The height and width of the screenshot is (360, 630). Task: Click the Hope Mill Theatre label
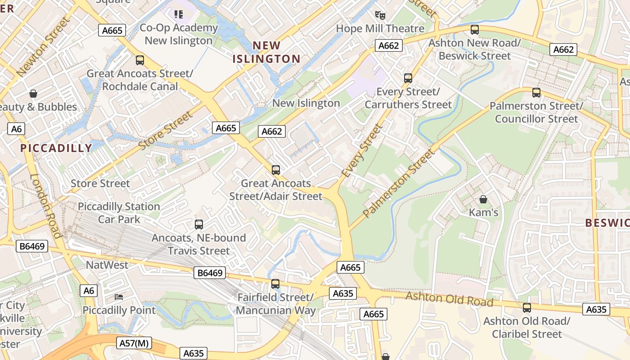pyautogui.click(x=380, y=28)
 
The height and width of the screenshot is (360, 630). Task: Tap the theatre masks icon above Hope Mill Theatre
pyautogui.click(x=380, y=15)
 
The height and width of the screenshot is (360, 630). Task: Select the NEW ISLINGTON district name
pyautogui.click(x=266, y=52)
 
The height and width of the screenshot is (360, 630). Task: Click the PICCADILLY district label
pyautogui.click(x=56, y=148)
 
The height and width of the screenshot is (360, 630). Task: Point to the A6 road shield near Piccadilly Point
pyautogui.click(x=89, y=291)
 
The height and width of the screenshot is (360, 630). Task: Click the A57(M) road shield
pyautogui.click(x=135, y=343)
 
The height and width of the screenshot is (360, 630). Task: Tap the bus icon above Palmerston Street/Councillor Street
pyautogui.click(x=536, y=93)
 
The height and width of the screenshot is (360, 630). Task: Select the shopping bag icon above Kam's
pyautogui.click(x=483, y=199)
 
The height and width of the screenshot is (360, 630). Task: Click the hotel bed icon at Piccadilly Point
pyautogui.click(x=119, y=297)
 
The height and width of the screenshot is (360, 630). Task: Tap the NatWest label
pyautogui.click(x=107, y=265)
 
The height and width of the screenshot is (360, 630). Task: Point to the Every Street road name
pyautogui.click(x=361, y=151)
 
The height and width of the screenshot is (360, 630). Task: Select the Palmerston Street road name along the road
pyautogui.click(x=400, y=183)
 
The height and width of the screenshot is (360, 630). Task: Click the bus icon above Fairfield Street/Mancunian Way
pyautogui.click(x=275, y=284)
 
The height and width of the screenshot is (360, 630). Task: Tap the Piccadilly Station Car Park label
pyautogui.click(x=119, y=213)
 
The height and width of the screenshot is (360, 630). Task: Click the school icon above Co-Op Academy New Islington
pyautogui.click(x=179, y=14)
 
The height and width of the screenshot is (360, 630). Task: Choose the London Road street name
pyautogui.click(x=45, y=205)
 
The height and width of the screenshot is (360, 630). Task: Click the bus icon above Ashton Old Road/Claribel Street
pyautogui.click(x=526, y=308)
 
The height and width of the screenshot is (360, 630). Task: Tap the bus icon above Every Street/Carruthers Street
pyautogui.click(x=408, y=78)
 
